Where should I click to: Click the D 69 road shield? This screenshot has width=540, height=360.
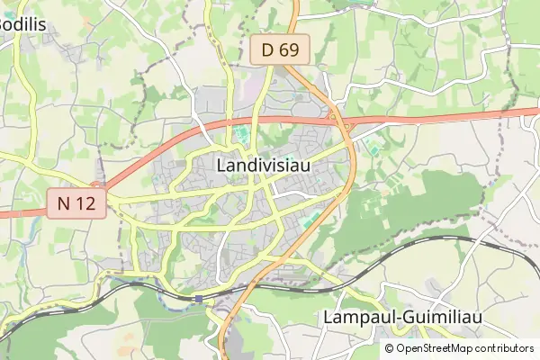(x=280, y=50)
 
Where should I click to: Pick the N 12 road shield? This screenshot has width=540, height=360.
(x=76, y=204)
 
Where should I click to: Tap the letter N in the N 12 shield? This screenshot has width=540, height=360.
(x=64, y=204)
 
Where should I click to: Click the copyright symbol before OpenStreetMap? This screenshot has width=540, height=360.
(x=390, y=348)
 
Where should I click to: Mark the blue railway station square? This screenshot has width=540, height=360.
(x=198, y=298)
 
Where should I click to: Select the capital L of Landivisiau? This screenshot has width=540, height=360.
(x=222, y=166)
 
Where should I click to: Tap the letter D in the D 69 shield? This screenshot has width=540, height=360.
(x=268, y=50)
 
